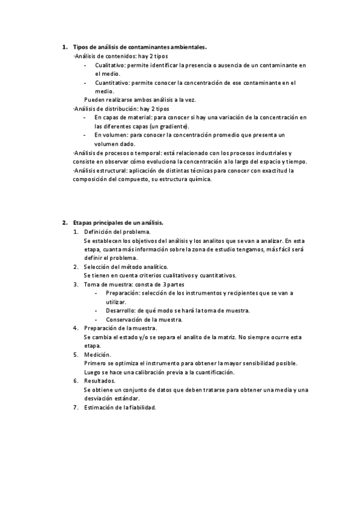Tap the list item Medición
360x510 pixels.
(97, 355)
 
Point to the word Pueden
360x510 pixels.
(94, 100)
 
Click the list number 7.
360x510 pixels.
(75, 408)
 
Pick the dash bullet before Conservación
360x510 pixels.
(97, 319)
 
